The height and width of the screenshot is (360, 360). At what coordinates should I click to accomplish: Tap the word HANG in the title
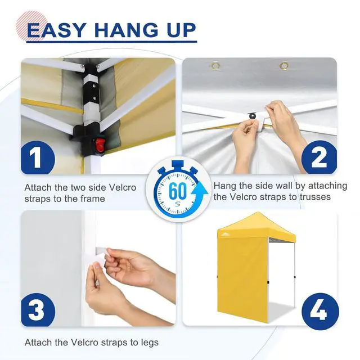[x=126, y=30]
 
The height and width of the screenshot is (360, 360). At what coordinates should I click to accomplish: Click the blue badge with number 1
[x=38, y=157]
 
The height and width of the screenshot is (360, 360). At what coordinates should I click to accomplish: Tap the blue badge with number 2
[x=319, y=157]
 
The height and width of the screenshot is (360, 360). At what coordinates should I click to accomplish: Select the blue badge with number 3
[x=38, y=310]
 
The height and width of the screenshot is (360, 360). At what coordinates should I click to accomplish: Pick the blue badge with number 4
[x=320, y=311]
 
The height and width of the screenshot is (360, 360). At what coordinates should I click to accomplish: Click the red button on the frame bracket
[x=99, y=145]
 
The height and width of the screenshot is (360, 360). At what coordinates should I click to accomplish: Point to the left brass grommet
[x=215, y=66]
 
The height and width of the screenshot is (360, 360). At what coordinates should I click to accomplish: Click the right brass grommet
[x=283, y=66]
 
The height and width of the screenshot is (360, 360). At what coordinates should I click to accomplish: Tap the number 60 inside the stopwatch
[x=177, y=191]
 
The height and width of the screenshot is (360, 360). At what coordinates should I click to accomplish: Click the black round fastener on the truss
[x=253, y=115]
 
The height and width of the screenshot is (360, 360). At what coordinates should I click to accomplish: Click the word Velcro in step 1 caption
[x=122, y=187]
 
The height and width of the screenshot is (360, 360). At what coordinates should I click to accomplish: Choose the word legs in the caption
[x=150, y=343]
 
